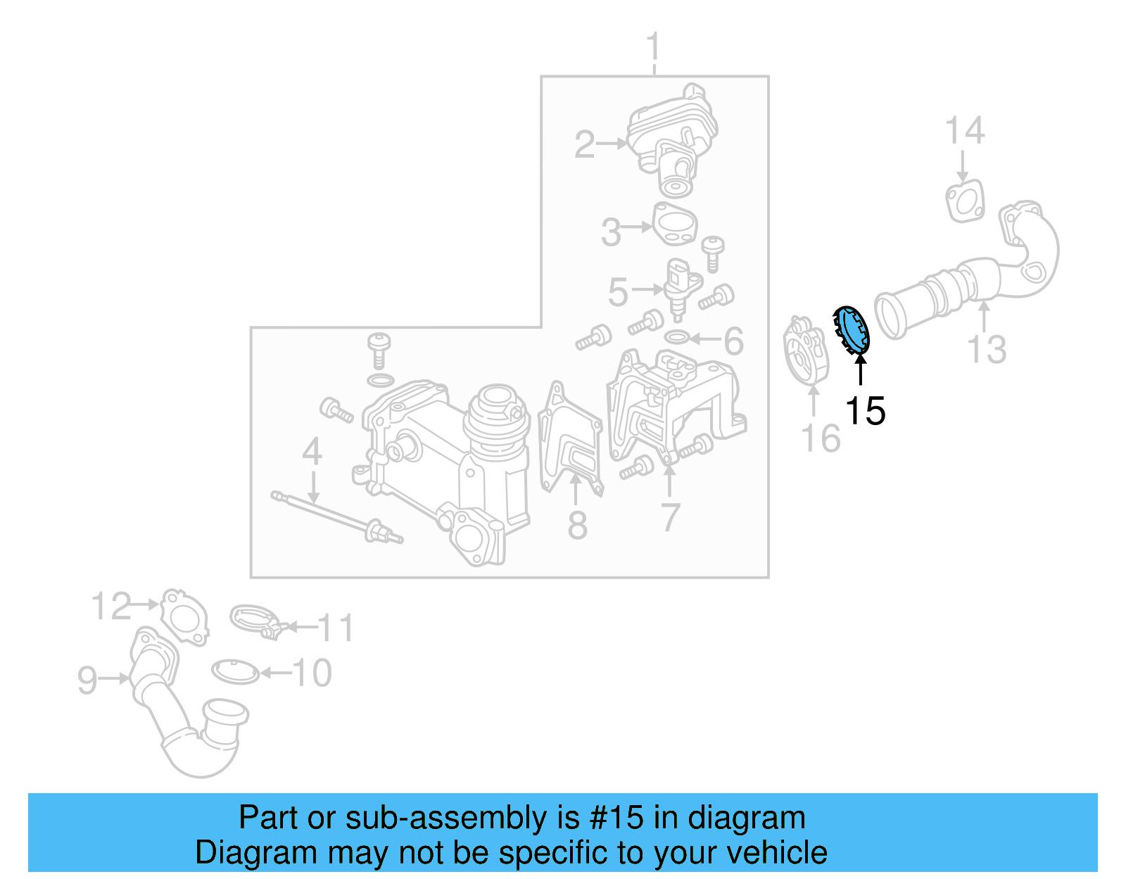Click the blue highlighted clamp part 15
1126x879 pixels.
click(x=852, y=330)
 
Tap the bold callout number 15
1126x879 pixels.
click(x=865, y=411)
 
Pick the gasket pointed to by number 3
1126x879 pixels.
click(x=675, y=224)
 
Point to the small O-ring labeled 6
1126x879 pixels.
click(x=676, y=338)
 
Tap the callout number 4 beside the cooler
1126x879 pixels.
click(x=312, y=451)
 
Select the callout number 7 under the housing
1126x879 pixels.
click(x=670, y=517)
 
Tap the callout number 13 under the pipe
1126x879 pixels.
click(x=987, y=349)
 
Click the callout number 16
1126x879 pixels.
click(x=821, y=438)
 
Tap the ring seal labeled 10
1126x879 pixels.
click(x=235, y=671)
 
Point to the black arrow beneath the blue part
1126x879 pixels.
click(x=860, y=369)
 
